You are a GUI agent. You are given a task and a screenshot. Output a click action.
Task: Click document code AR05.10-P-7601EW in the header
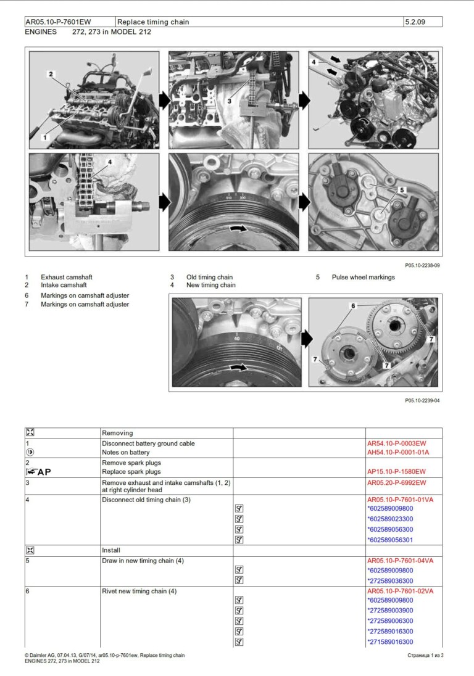click(x=58, y=22)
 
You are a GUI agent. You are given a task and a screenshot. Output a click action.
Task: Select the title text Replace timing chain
click(x=153, y=22)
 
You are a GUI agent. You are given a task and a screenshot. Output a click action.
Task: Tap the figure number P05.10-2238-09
click(x=422, y=265)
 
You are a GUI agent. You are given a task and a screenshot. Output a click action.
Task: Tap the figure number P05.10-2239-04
click(x=422, y=400)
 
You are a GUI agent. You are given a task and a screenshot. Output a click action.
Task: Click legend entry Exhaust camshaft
click(x=67, y=278)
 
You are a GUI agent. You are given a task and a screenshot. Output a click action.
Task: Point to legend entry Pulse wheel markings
click(x=363, y=278)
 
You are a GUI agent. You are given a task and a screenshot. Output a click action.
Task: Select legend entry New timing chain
click(x=210, y=286)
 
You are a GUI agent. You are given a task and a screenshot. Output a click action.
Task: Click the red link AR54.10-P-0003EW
click(x=396, y=443)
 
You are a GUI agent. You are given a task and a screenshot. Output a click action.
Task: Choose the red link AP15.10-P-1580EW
click(x=396, y=472)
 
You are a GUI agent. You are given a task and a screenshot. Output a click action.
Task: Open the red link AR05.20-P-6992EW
click(x=396, y=483)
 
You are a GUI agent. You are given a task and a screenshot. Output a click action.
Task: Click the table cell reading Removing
click(x=117, y=433)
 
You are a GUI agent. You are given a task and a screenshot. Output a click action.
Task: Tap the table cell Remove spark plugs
click(x=131, y=463)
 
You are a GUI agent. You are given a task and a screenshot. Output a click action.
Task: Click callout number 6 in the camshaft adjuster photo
click(x=353, y=306)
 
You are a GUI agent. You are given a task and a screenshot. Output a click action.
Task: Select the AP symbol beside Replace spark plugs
click(x=38, y=472)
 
